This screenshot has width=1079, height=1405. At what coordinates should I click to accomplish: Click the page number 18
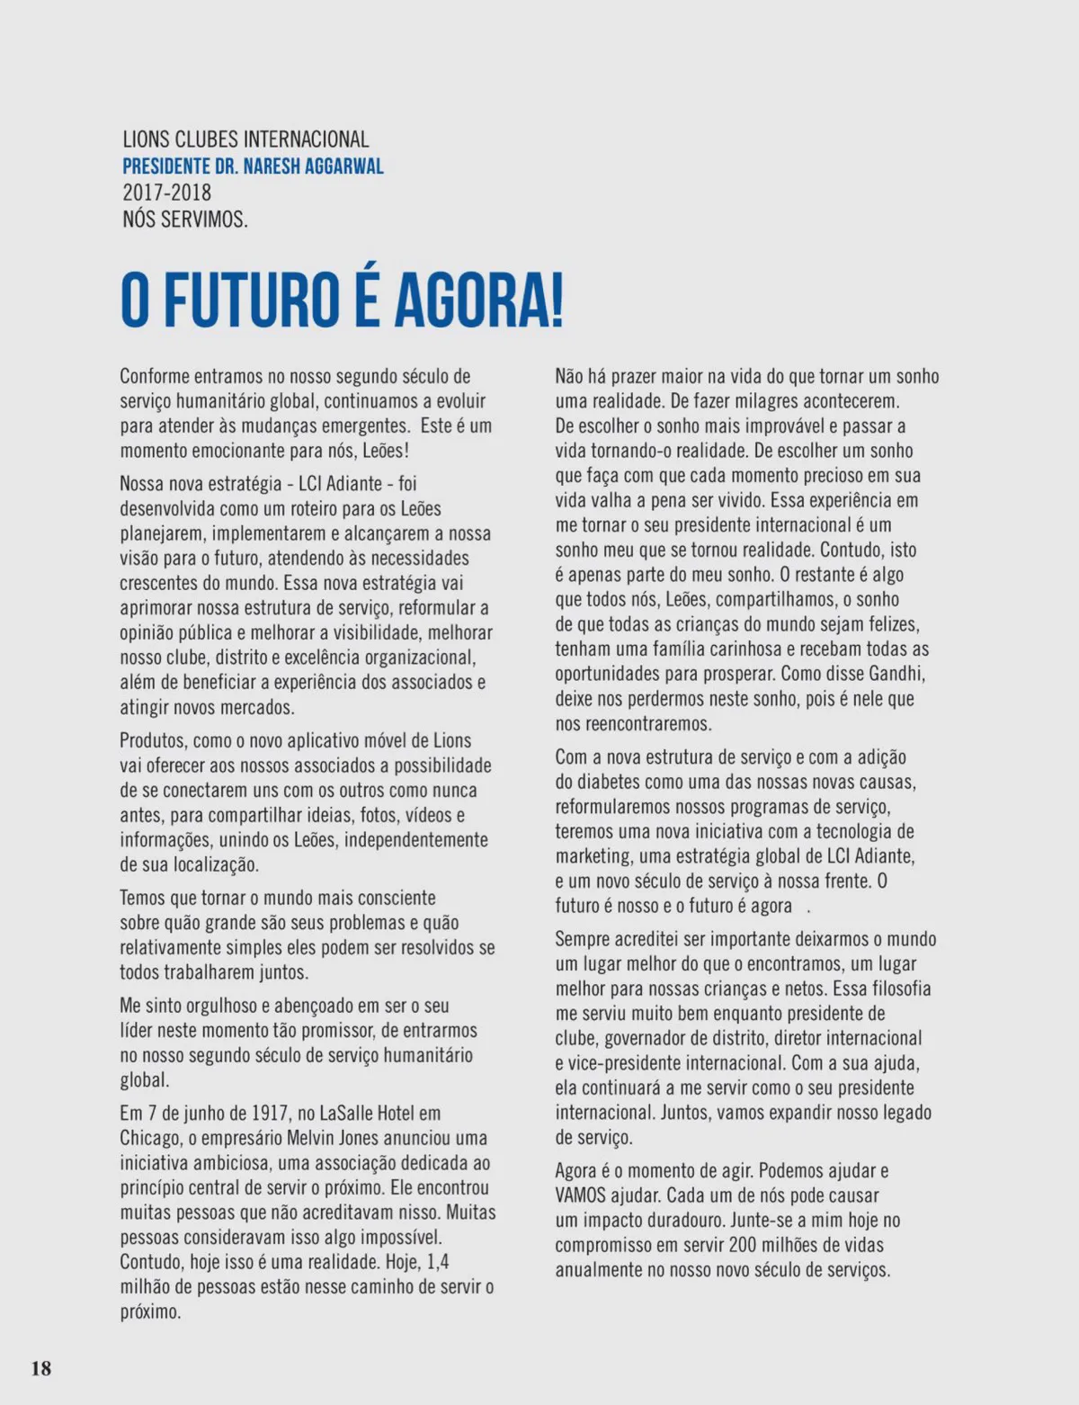[x=41, y=1369]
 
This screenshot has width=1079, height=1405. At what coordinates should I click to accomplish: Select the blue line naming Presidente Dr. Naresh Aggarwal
[x=253, y=166]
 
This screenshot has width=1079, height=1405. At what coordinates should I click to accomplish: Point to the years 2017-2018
[x=166, y=192]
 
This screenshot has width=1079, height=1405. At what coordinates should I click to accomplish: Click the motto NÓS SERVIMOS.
[x=184, y=219]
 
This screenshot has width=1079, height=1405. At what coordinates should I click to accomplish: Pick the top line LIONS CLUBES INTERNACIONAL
[x=245, y=139]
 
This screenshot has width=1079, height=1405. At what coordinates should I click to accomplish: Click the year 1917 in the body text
[x=270, y=1114]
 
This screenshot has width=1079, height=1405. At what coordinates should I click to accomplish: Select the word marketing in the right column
[x=593, y=856]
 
